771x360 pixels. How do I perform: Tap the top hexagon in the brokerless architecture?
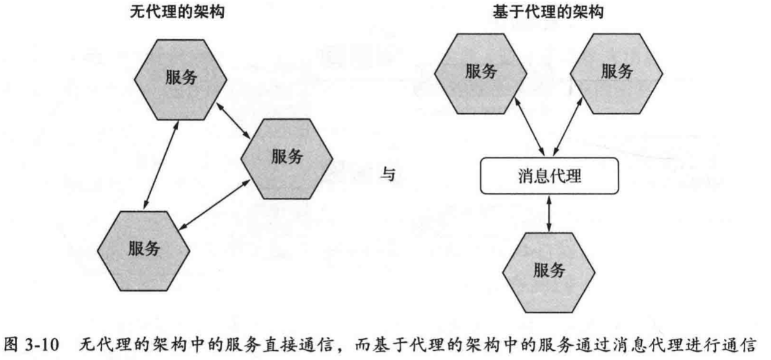coord(181,79)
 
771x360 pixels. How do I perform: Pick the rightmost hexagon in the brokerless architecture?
coord(287,157)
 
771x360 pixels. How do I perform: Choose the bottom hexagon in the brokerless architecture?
coord(145,249)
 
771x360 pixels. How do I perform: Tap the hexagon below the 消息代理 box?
coord(549,271)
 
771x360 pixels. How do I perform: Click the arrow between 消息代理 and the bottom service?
coord(549,214)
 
